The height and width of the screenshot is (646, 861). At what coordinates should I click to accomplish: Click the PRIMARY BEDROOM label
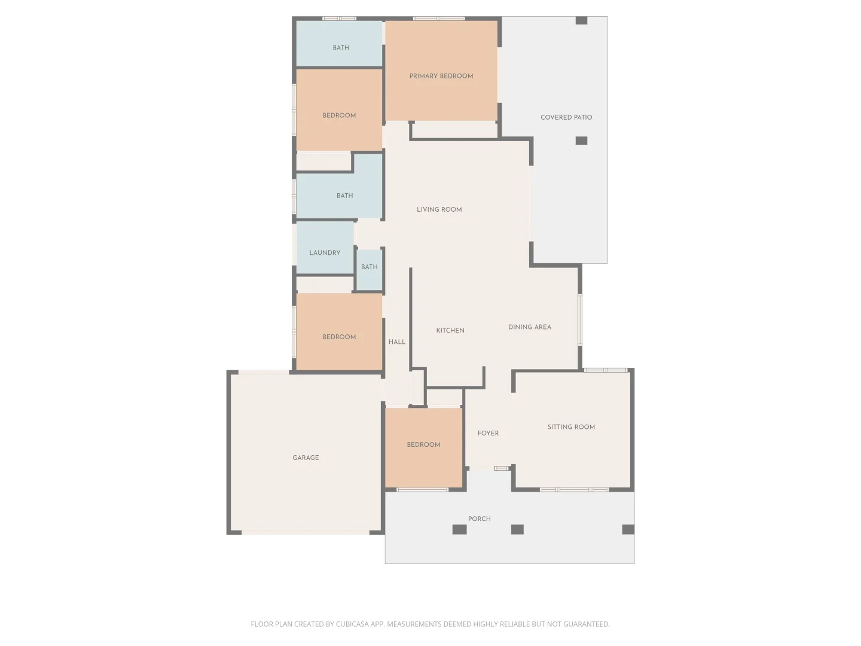click(x=441, y=76)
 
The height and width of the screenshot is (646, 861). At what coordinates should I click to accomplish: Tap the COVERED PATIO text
click(x=566, y=117)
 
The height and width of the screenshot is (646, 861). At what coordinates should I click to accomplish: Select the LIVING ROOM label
click(x=439, y=209)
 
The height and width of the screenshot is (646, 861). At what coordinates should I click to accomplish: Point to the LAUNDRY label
click(x=325, y=252)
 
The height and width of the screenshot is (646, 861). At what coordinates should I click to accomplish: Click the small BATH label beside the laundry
click(x=369, y=267)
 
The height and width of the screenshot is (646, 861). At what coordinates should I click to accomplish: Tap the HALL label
click(x=396, y=342)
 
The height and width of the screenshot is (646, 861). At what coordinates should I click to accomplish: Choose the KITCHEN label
click(x=450, y=330)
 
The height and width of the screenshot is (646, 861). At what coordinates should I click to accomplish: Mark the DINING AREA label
click(x=529, y=327)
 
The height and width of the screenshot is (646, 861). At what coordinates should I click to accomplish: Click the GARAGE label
click(x=306, y=458)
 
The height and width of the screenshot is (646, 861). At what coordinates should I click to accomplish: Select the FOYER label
click(x=488, y=433)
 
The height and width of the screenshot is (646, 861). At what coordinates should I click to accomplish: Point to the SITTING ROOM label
click(x=571, y=427)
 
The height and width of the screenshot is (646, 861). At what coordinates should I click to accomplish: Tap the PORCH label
click(x=479, y=519)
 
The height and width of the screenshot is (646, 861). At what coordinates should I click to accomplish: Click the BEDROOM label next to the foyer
click(x=423, y=444)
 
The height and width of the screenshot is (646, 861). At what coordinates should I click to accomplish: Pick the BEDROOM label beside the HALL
click(x=339, y=337)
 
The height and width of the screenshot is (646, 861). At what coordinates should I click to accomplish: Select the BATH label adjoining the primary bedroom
click(x=341, y=48)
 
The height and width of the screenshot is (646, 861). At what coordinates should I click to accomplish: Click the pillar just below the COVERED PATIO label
click(x=581, y=141)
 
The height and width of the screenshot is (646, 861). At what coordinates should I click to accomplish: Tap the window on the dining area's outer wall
click(x=579, y=319)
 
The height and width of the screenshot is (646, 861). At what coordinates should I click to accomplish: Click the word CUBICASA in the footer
click(x=352, y=624)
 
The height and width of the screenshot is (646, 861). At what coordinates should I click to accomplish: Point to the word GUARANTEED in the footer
click(x=585, y=624)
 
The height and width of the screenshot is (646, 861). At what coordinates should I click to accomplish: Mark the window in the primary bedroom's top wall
click(x=439, y=19)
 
